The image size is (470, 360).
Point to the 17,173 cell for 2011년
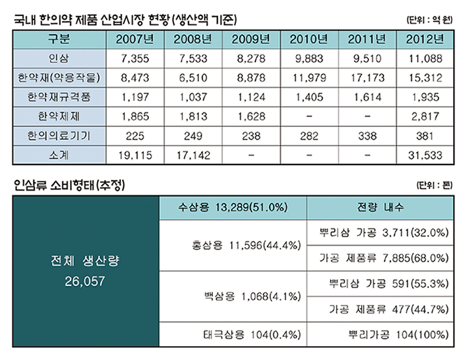point(365,75)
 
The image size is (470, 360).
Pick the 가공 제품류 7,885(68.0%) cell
point(383,257)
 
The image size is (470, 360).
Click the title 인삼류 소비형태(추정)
point(72,185)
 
